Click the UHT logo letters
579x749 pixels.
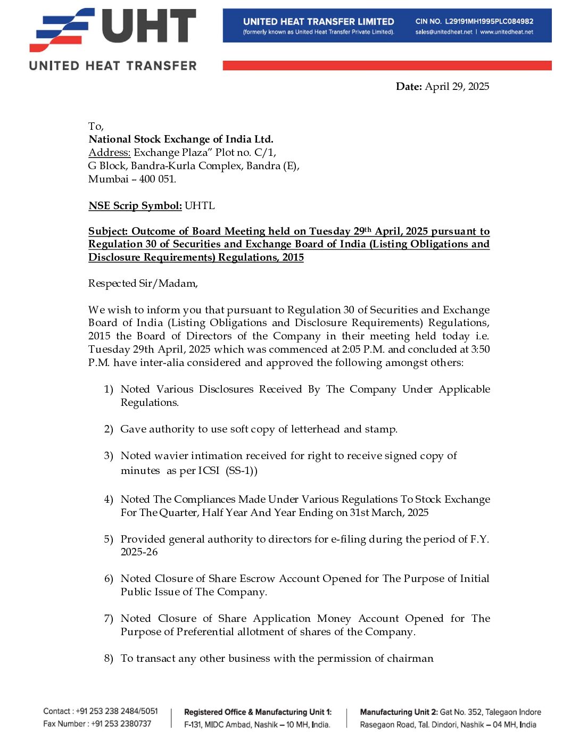148,27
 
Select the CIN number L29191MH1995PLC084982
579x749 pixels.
489,21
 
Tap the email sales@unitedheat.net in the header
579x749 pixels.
444,32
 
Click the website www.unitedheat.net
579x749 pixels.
507,32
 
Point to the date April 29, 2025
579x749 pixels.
457,87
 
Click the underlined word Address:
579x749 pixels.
109,153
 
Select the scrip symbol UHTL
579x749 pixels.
200,206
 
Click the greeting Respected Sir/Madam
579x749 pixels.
143,284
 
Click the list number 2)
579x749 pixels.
109,429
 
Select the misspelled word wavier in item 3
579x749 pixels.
170,456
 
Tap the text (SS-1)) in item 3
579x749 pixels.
242,471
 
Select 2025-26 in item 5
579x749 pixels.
139,552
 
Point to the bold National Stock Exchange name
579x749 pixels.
181,139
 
